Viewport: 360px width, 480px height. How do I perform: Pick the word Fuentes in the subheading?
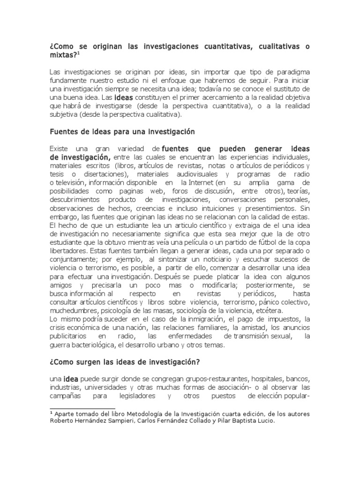(64, 132)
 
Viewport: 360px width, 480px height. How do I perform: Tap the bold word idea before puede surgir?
(71, 379)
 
